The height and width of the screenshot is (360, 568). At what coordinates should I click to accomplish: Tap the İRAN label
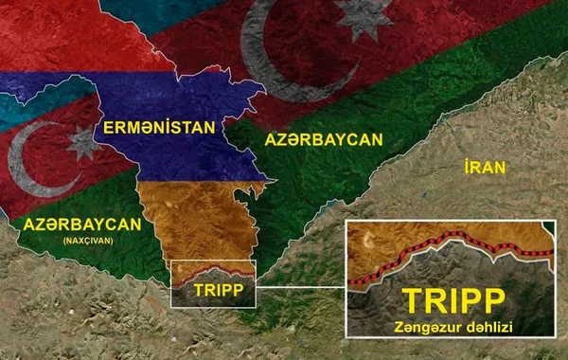tap(486, 168)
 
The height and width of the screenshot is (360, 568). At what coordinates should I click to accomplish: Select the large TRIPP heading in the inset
tap(453, 300)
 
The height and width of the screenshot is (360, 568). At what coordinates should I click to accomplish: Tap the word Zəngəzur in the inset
tap(423, 328)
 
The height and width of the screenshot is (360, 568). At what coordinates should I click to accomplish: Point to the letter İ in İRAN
tap(468, 168)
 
